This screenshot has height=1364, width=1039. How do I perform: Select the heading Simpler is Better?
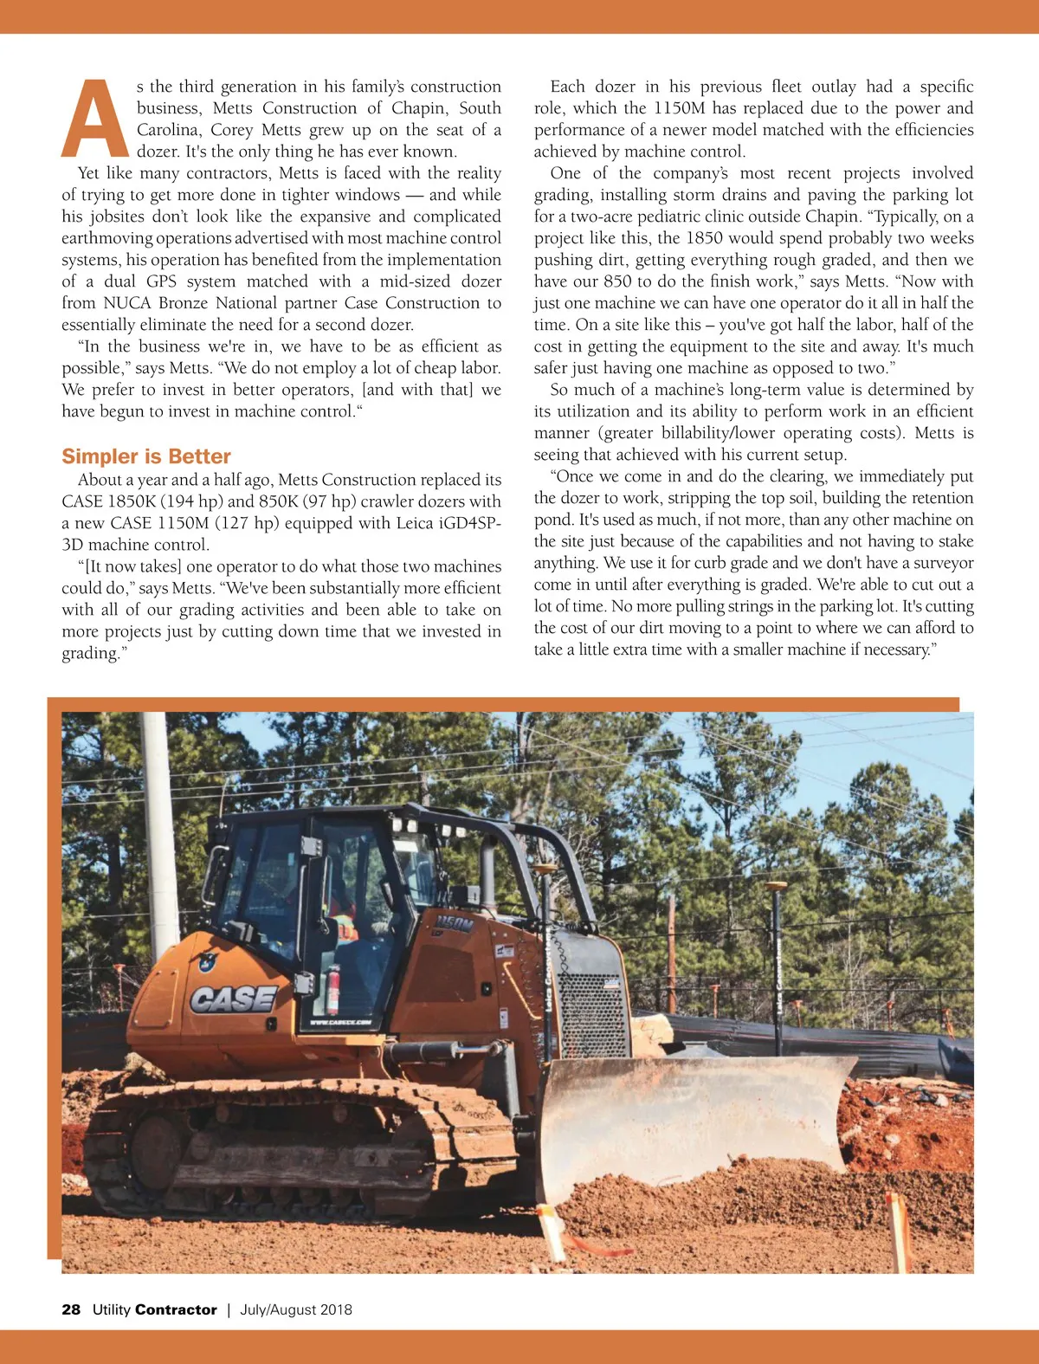point(146,456)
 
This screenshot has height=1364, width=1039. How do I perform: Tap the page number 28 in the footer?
point(71,1309)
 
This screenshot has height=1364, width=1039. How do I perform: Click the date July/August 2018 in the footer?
point(296,1309)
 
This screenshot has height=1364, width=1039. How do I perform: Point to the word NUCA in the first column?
point(127,303)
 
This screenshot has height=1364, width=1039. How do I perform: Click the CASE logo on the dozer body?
point(233,999)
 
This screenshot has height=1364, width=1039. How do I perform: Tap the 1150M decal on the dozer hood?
point(455,924)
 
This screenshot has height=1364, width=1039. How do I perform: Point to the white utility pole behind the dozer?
point(161,831)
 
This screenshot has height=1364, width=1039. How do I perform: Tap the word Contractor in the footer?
point(176,1309)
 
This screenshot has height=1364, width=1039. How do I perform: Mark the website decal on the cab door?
point(340,1023)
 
